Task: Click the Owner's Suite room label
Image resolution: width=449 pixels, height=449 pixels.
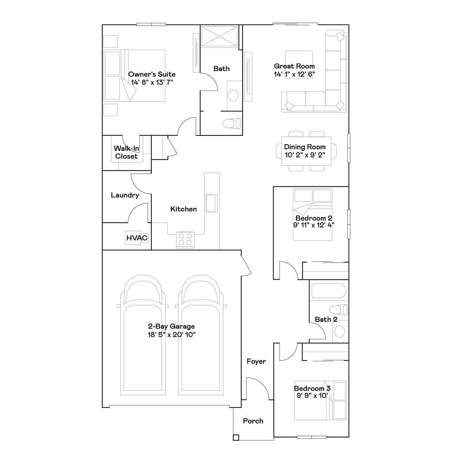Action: (152, 74)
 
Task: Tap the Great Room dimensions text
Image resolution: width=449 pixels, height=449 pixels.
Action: (294, 74)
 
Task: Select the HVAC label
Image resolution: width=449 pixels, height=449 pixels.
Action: (137, 238)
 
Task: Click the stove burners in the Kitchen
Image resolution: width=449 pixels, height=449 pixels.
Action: (185, 240)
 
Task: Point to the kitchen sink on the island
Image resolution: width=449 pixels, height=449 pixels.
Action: (212, 203)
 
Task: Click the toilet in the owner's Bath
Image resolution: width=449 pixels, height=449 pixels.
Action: (232, 123)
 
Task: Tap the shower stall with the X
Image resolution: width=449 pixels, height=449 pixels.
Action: (219, 36)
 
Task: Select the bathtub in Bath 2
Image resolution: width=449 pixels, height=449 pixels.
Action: (329, 291)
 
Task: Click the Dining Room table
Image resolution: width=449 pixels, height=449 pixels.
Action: (306, 151)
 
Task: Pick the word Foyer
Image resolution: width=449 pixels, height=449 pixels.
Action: (256, 361)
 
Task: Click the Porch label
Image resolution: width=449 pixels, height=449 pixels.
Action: (253, 421)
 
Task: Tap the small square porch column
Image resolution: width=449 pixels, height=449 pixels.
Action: (235, 437)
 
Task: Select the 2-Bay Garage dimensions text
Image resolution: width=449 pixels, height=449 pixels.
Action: (171, 335)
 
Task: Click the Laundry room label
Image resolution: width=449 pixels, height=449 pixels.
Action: (125, 195)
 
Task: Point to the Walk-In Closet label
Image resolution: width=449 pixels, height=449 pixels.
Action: (126, 152)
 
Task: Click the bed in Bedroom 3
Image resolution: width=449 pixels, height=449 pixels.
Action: (321, 401)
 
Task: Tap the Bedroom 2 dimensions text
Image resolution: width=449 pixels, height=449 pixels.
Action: (314, 225)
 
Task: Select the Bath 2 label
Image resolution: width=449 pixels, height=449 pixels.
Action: (326, 319)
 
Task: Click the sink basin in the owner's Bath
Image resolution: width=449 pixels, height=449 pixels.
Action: (233, 95)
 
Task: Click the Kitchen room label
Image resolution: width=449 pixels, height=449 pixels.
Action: (184, 209)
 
